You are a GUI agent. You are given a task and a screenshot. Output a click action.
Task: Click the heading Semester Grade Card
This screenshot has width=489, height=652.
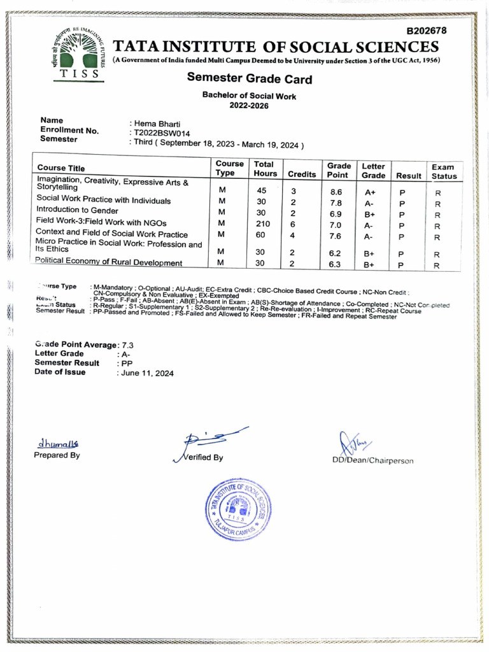[x=249, y=80]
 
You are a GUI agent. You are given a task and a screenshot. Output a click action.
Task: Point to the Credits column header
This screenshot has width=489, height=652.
[x=302, y=173]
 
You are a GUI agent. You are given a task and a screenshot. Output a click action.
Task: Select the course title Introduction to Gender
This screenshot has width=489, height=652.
[x=77, y=210]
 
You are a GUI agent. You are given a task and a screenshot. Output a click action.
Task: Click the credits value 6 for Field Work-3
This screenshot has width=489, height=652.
[x=293, y=223]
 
